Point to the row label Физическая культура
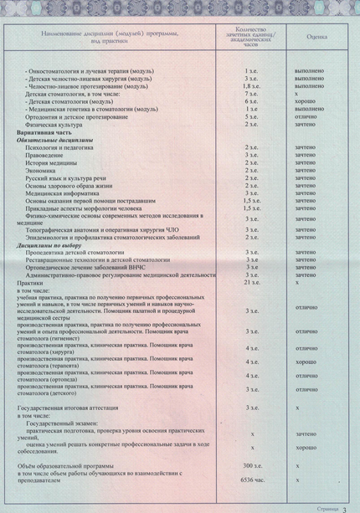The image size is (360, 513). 54,124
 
